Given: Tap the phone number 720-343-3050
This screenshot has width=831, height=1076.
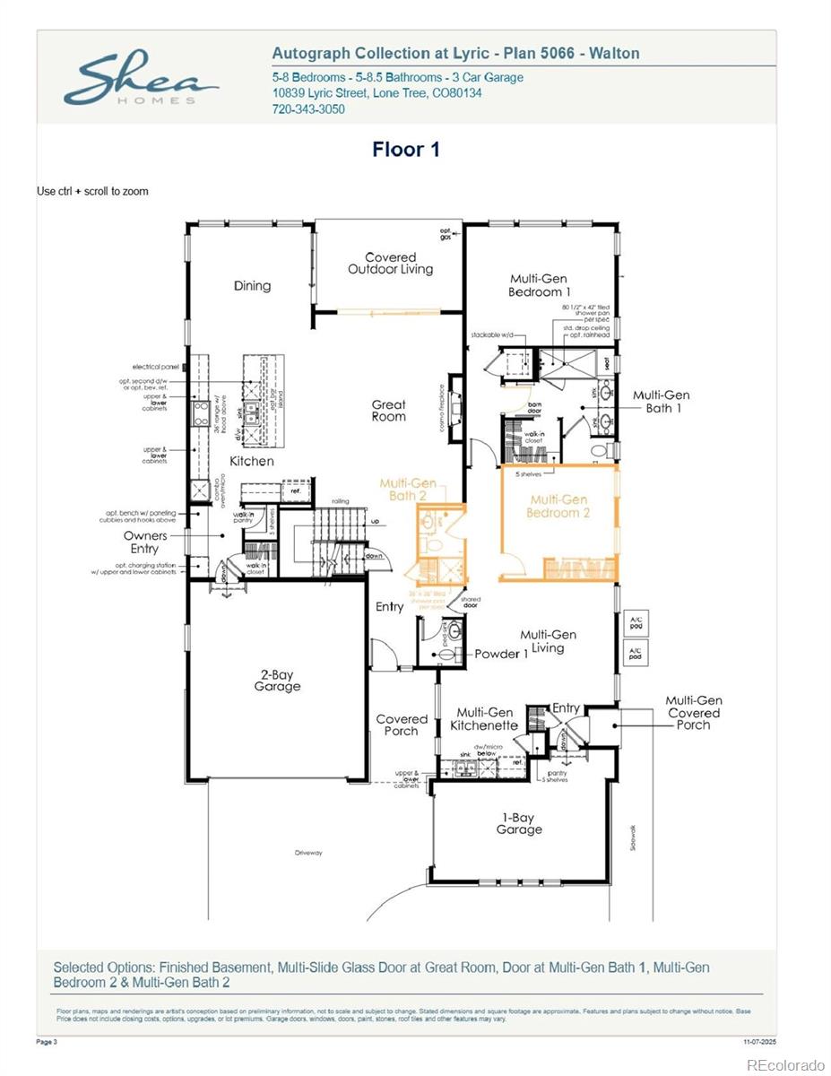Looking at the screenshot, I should pyautogui.click(x=308, y=109).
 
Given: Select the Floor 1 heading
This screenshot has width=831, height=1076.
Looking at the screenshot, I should pyautogui.click(x=406, y=150).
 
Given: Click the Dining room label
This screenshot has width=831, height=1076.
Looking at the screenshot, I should pyautogui.click(x=252, y=286).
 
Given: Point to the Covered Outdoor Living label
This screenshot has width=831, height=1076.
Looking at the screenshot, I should pyautogui.click(x=390, y=264).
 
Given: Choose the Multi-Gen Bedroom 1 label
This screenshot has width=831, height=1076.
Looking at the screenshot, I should pyautogui.click(x=539, y=285).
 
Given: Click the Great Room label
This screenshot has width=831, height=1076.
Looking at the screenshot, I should pyautogui.click(x=389, y=411).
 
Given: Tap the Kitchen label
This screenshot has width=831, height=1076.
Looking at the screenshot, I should pyautogui.click(x=252, y=461).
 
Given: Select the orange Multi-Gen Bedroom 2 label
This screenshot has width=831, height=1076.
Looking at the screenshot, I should pyautogui.click(x=558, y=507).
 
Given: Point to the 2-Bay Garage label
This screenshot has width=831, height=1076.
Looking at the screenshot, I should pyautogui.click(x=277, y=680).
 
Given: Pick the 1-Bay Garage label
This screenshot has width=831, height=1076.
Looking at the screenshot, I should pyautogui.click(x=519, y=823).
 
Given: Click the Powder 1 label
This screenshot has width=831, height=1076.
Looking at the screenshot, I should pyautogui.click(x=501, y=654).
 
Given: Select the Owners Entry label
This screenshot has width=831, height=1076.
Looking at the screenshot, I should pyautogui.click(x=145, y=542).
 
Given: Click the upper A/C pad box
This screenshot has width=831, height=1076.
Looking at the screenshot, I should pyautogui.click(x=636, y=623).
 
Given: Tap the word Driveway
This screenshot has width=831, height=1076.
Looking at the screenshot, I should pyautogui.click(x=307, y=853).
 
